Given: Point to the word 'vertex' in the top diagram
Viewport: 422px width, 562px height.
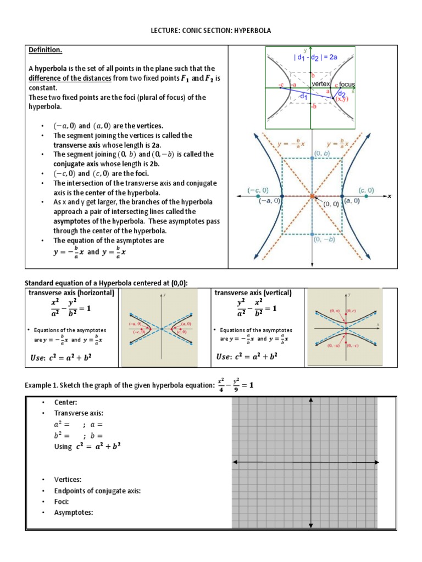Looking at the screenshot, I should [x=320, y=83].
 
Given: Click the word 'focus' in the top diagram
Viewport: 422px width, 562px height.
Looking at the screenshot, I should [x=347, y=85].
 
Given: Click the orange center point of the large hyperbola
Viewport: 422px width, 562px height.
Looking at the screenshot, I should [x=312, y=196].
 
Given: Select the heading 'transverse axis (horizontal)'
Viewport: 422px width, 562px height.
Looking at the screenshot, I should [x=71, y=293].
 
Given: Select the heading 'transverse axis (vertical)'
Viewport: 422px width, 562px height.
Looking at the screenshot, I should [x=253, y=293].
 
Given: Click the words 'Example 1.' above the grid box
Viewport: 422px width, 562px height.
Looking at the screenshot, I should [x=42, y=385].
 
